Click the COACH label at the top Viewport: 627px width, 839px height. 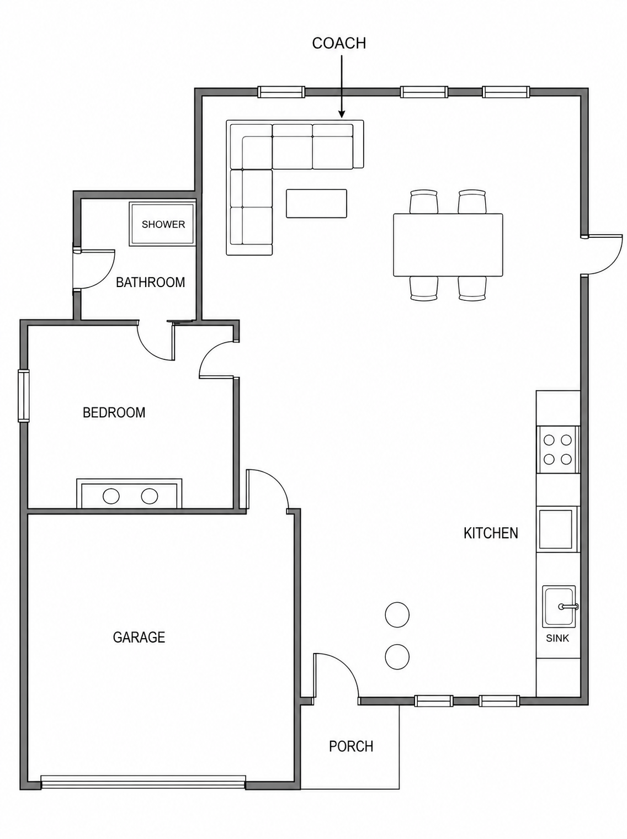[x=339, y=43]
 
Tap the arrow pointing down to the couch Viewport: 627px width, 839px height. [x=341, y=87]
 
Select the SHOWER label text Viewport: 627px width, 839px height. [x=163, y=224]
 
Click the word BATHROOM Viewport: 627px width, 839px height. [x=150, y=283]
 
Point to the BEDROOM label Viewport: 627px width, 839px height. [x=114, y=412]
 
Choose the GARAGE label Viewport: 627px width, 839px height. [x=139, y=637]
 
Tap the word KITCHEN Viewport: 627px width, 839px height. [x=491, y=533]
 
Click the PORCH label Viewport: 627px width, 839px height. [x=350, y=746]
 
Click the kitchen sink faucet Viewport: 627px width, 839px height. [x=568, y=606]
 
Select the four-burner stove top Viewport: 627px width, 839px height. [x=558, y=449]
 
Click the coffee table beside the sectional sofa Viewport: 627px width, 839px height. [x=316, y=203]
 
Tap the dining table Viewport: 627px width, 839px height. [x=448, y=245]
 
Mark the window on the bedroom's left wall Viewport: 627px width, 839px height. [x=24, y=396]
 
